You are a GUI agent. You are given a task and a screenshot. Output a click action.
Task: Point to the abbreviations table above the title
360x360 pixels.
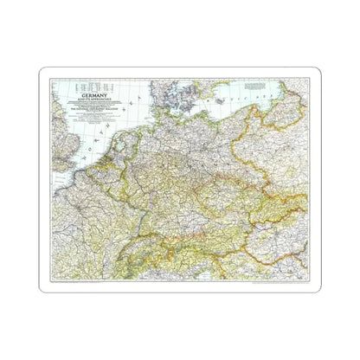[x=98, y=88]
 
